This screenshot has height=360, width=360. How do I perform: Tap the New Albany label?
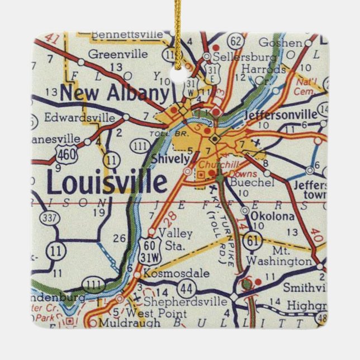coord(114,93)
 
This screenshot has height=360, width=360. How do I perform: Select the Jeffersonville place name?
coord(281,115)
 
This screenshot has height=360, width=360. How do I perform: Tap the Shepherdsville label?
coord(192,302)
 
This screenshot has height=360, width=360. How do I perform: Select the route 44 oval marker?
coord(185,289)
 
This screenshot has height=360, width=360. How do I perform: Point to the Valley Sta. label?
coord(167,238)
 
